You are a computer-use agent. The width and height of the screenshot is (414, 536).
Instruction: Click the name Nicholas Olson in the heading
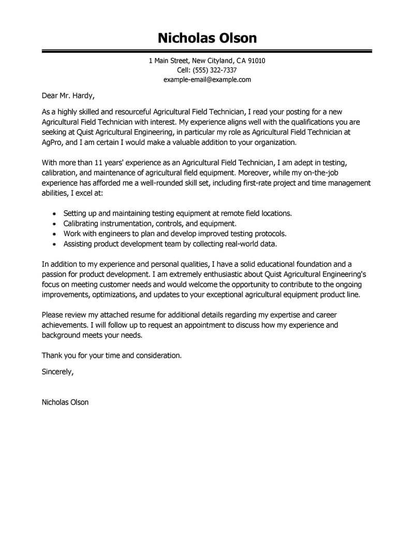207,38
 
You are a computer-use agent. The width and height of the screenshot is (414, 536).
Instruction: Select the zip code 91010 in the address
256,61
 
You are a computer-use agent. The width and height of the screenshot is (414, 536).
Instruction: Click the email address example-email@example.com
207,80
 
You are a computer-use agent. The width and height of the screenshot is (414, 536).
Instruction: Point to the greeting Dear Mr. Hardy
68,96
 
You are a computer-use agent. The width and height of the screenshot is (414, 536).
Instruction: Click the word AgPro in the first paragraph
52,142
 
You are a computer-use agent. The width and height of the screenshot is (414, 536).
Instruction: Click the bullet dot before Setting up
55,214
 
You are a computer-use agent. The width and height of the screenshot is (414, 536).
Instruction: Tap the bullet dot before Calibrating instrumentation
55,224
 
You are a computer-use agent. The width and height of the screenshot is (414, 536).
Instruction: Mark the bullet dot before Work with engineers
55,234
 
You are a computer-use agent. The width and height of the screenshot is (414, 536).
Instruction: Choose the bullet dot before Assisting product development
55,243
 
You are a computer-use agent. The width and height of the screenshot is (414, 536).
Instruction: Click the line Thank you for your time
112,355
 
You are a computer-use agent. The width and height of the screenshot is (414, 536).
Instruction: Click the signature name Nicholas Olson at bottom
65,402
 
